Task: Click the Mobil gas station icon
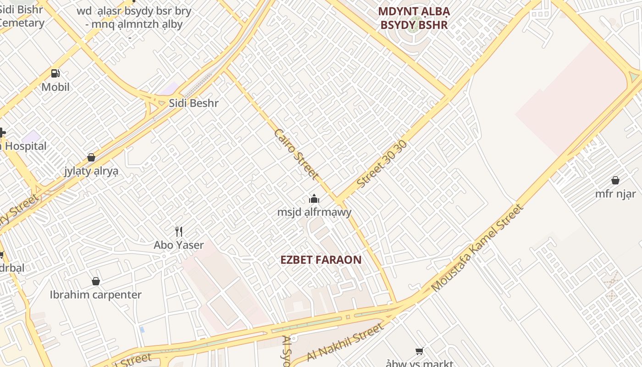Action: [x=55, y=73]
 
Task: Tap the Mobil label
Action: [x=55, y=87]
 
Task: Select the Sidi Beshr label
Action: [x=194, y=103]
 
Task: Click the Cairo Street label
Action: [x=296, y=154]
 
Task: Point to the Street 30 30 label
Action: [x=382, y=164]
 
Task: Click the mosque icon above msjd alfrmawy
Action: [x=314, y=199]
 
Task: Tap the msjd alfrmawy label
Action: [x=314, y=212]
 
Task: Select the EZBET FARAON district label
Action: [x=321, y=260]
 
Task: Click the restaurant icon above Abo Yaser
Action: [x=179, y=232]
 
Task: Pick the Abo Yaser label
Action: [x=179, y=245]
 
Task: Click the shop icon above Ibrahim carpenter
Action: [x=96, y=281]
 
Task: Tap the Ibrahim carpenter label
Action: [x=96, y=295]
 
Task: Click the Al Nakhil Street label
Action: [x=344, y=342]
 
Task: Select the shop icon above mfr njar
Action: [x=615, y=180]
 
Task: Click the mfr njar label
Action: [x=615, y=194]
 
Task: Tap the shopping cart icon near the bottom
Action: [x=419, y=351]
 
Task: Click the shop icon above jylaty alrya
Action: [x=91, y=158]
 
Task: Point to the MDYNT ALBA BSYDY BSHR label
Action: [x=414, y=18]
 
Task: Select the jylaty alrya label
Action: [x=91, y=171]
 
